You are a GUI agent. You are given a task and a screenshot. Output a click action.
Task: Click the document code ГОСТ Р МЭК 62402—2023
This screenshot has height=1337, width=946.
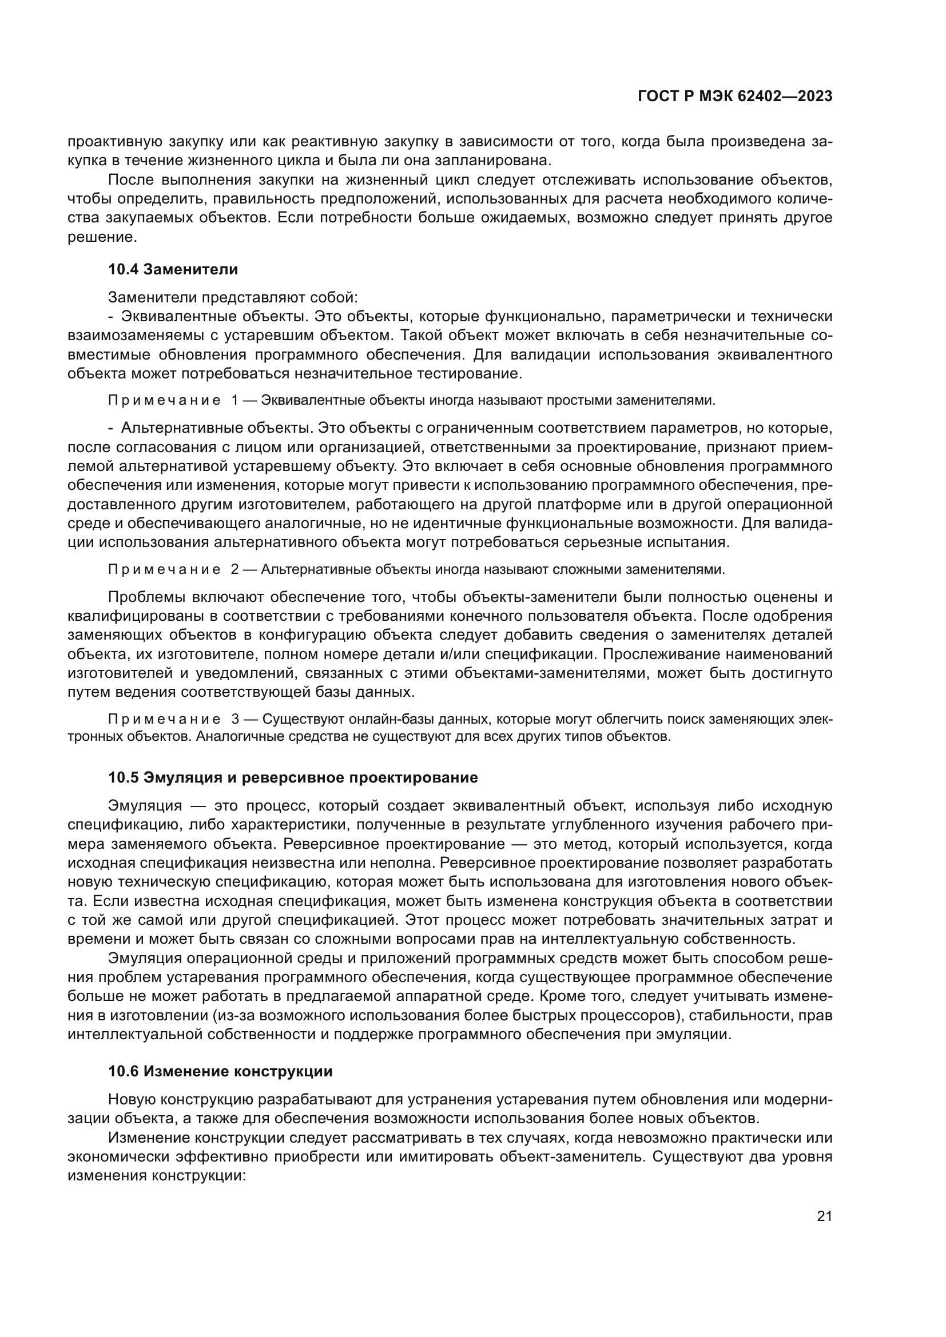pos(735,97)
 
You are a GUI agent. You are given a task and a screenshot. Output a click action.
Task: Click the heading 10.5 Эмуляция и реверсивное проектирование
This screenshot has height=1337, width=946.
pos(293,777)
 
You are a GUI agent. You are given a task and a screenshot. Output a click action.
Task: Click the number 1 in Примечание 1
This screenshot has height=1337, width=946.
pos(234,401)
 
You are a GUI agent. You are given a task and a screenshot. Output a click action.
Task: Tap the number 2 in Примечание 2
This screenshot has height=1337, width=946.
pos(234,569)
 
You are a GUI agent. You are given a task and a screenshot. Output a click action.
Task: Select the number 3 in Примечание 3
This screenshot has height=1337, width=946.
pos(235,719)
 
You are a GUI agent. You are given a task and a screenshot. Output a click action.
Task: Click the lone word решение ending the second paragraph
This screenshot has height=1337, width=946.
pos(101,237)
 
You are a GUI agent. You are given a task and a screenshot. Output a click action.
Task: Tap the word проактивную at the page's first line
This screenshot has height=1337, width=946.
pos(114,142)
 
